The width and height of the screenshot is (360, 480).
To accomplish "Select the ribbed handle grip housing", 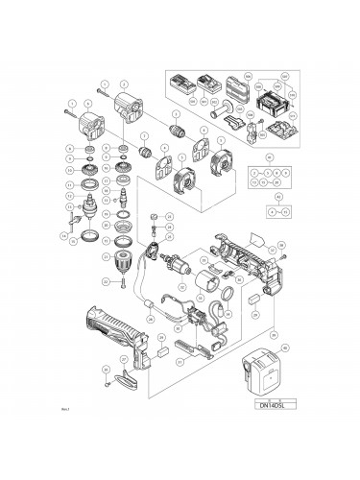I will coord(115,344).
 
